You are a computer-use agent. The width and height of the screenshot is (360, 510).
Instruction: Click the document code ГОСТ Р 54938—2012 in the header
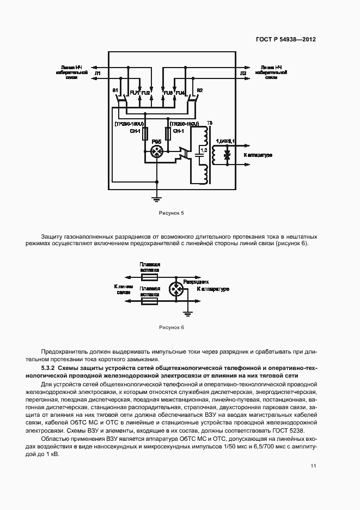[x=286, y=39]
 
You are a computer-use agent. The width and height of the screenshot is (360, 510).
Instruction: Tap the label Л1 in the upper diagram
[x=98, y=72]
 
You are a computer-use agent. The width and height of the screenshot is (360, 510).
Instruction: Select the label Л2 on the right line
[x=243, y=72]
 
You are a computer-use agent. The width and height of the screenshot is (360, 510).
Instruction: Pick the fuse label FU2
[x=145, y=93]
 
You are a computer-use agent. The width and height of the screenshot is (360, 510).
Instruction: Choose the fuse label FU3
[x=168, y=93]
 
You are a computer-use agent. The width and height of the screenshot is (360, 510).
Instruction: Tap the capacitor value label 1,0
[x=203, y=149]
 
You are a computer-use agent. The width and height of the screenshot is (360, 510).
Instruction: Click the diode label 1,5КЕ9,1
[x=225, y=141]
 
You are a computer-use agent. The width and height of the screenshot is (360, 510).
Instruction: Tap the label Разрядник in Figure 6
[x=196, y=282]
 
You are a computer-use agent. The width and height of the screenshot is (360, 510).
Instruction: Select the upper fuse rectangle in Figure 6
[x=149, y=277]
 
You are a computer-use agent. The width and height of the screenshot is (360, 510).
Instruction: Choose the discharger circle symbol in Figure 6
[x=175, y=288]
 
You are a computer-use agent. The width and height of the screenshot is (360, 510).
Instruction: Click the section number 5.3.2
[x=50, y=369]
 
